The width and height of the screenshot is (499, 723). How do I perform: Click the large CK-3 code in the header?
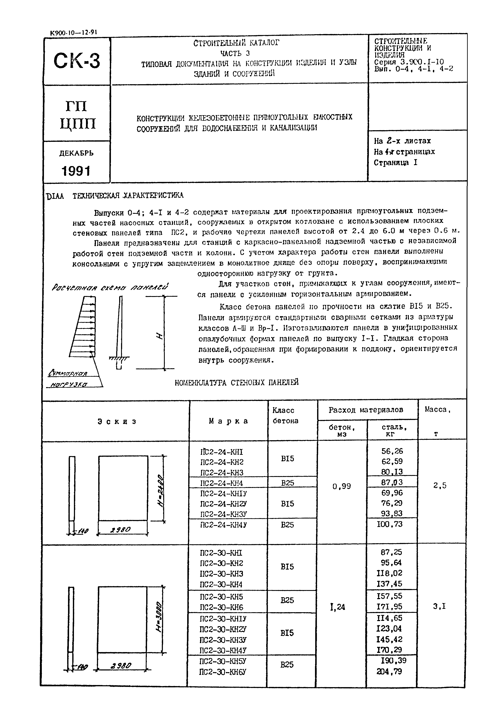pyautogui.click(x=77, y=61)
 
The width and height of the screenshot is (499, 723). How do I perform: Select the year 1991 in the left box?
pyautogui.click(x=76, y=171)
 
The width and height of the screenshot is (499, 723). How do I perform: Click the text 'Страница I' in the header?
pyautogui.click(x=395, y=162)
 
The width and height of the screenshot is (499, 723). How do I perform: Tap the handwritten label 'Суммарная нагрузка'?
pyautogui.click(x=69, y=379)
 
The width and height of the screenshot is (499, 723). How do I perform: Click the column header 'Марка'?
pyautogui.click(x=229, y=421)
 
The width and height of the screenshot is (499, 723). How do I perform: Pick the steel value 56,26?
pyautogui.click(x=392, y=451)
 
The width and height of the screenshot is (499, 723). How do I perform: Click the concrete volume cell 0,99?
pyautogui.click(x=342, y=486)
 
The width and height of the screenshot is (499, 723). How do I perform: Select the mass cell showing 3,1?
pyautogui.click(x=439, y=607)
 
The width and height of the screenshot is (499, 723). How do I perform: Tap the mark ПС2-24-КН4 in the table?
pyautogui.click(x=221, y=483)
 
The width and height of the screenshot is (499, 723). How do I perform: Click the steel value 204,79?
pyautogui.click(x=389, y=671)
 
